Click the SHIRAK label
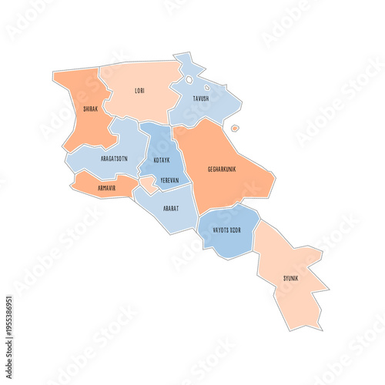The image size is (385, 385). [x=90, y=109]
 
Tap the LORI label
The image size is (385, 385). [x=139, y=91]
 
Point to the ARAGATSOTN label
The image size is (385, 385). [x=113, y=158]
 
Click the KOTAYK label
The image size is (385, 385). [x=162, y=160]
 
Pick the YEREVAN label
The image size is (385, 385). [x=169, y=180]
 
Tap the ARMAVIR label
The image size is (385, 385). [x=106, y=186]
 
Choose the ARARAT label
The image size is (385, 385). [x=171, y=209]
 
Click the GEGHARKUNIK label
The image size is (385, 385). [x=223, y=169]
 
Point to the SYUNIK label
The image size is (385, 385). [x=290, y=277]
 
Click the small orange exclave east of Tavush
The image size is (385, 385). [x=235, y=128]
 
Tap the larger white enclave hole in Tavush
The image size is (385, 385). [x=189, y=79]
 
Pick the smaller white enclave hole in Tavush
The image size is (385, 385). [x=206, y=87]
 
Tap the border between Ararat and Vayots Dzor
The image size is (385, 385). [x=196, y=223]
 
